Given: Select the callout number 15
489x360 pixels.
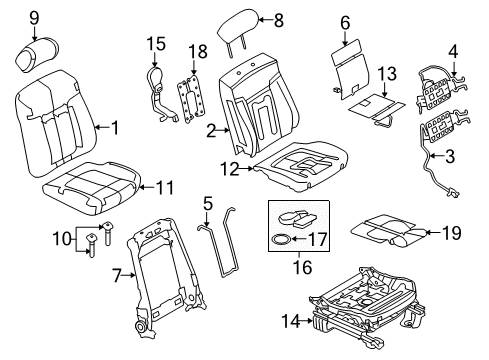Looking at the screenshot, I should (x=154, y=43).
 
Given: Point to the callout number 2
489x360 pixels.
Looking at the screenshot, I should (x=212, y=130).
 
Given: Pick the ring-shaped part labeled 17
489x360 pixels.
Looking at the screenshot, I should (x=283, y=239).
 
